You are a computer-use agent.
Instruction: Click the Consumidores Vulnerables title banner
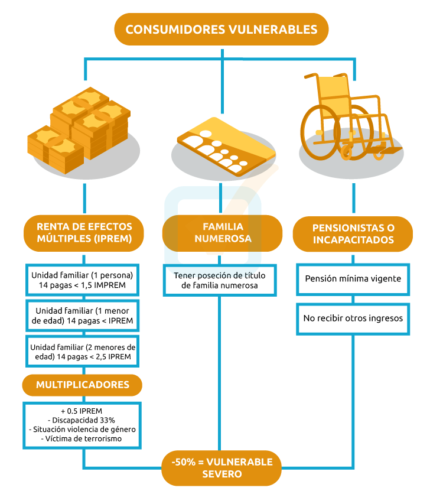221,29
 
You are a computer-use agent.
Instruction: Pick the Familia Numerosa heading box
222,232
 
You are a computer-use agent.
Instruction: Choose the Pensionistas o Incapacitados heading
353,233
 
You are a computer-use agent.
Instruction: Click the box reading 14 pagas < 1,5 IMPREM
83,281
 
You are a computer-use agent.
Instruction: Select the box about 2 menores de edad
83,352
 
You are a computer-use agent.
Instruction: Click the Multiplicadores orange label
83,385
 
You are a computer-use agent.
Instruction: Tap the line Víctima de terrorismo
83,439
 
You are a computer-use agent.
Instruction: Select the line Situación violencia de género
83,430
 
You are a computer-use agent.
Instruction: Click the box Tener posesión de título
220,281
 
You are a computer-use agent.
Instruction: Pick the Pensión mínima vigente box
353,278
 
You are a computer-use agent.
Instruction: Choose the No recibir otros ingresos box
353,318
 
